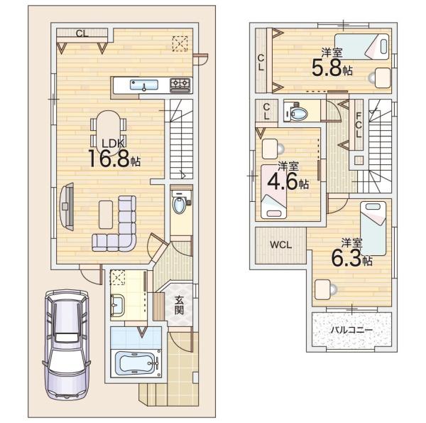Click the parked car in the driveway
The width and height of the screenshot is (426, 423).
click(x=66, y=344)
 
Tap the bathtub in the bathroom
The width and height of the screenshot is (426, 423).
click(x=136, y=363)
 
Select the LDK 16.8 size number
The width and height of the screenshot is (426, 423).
click(x=109, y=159)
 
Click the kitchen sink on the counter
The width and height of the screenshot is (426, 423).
click(x=143, y=85)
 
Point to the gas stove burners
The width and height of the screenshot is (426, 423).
click(x=180, y=85)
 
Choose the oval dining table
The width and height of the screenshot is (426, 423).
click(x=108, y=127)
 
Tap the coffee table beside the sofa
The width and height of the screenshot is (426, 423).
click(x=106, y=215)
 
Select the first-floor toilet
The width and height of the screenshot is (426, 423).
click(x=180, y=203)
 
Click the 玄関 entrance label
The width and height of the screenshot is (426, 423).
click(x=179, y=305)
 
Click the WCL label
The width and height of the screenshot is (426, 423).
click(x=281, y=245)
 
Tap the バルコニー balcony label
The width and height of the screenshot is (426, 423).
click(x=351, y=331)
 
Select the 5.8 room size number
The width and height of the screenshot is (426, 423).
click(x=327, y=68)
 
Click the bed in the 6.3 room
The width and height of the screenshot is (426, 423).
click(x=373, y=228)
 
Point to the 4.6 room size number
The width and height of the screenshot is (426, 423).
click(x=283, y=182)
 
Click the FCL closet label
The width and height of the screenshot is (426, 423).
click(x=359, y=125)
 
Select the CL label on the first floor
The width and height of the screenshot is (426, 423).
click(x=82, y=33)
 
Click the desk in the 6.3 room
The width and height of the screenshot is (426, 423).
click(x=322, y=290)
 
